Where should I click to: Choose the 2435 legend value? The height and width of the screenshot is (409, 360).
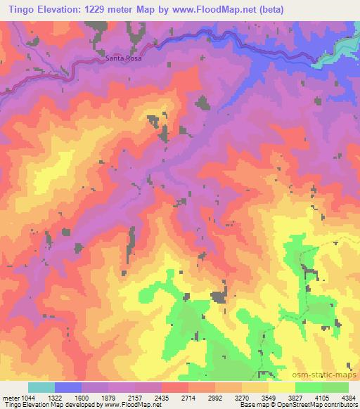[162, 396]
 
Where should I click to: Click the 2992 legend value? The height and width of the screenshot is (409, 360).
[216, 396]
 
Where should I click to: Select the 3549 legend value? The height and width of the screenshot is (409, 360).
[271, 396]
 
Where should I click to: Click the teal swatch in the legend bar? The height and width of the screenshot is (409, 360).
[41, 387]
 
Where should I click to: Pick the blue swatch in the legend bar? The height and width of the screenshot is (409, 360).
[68, 387]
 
